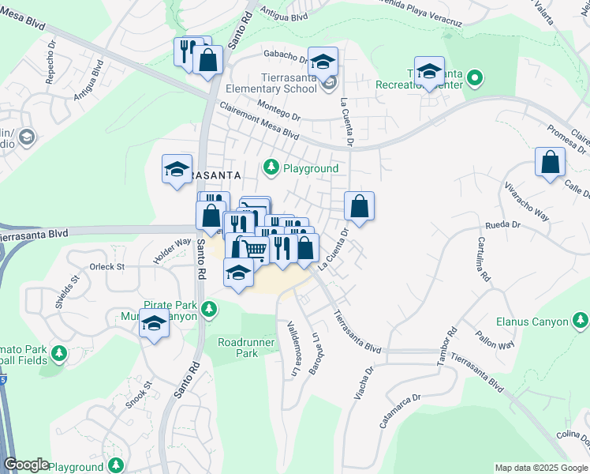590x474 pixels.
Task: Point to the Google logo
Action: [x=26, y=465]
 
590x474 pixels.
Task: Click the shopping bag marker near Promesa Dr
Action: [x=550, y=163]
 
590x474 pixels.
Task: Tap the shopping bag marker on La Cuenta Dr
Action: [x=359, y=207]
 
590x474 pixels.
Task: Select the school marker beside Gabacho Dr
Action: [x=323, y=62]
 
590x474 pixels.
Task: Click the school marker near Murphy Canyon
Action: [x=154, y=324]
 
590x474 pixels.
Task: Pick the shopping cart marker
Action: [x=254, y=249]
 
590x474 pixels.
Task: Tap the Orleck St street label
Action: [x=107, y=267]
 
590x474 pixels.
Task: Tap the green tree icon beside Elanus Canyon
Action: [x=581, y=320]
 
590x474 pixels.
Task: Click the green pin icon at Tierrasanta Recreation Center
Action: [x=474, y=78]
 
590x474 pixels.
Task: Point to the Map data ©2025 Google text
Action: [x=541, y=468]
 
